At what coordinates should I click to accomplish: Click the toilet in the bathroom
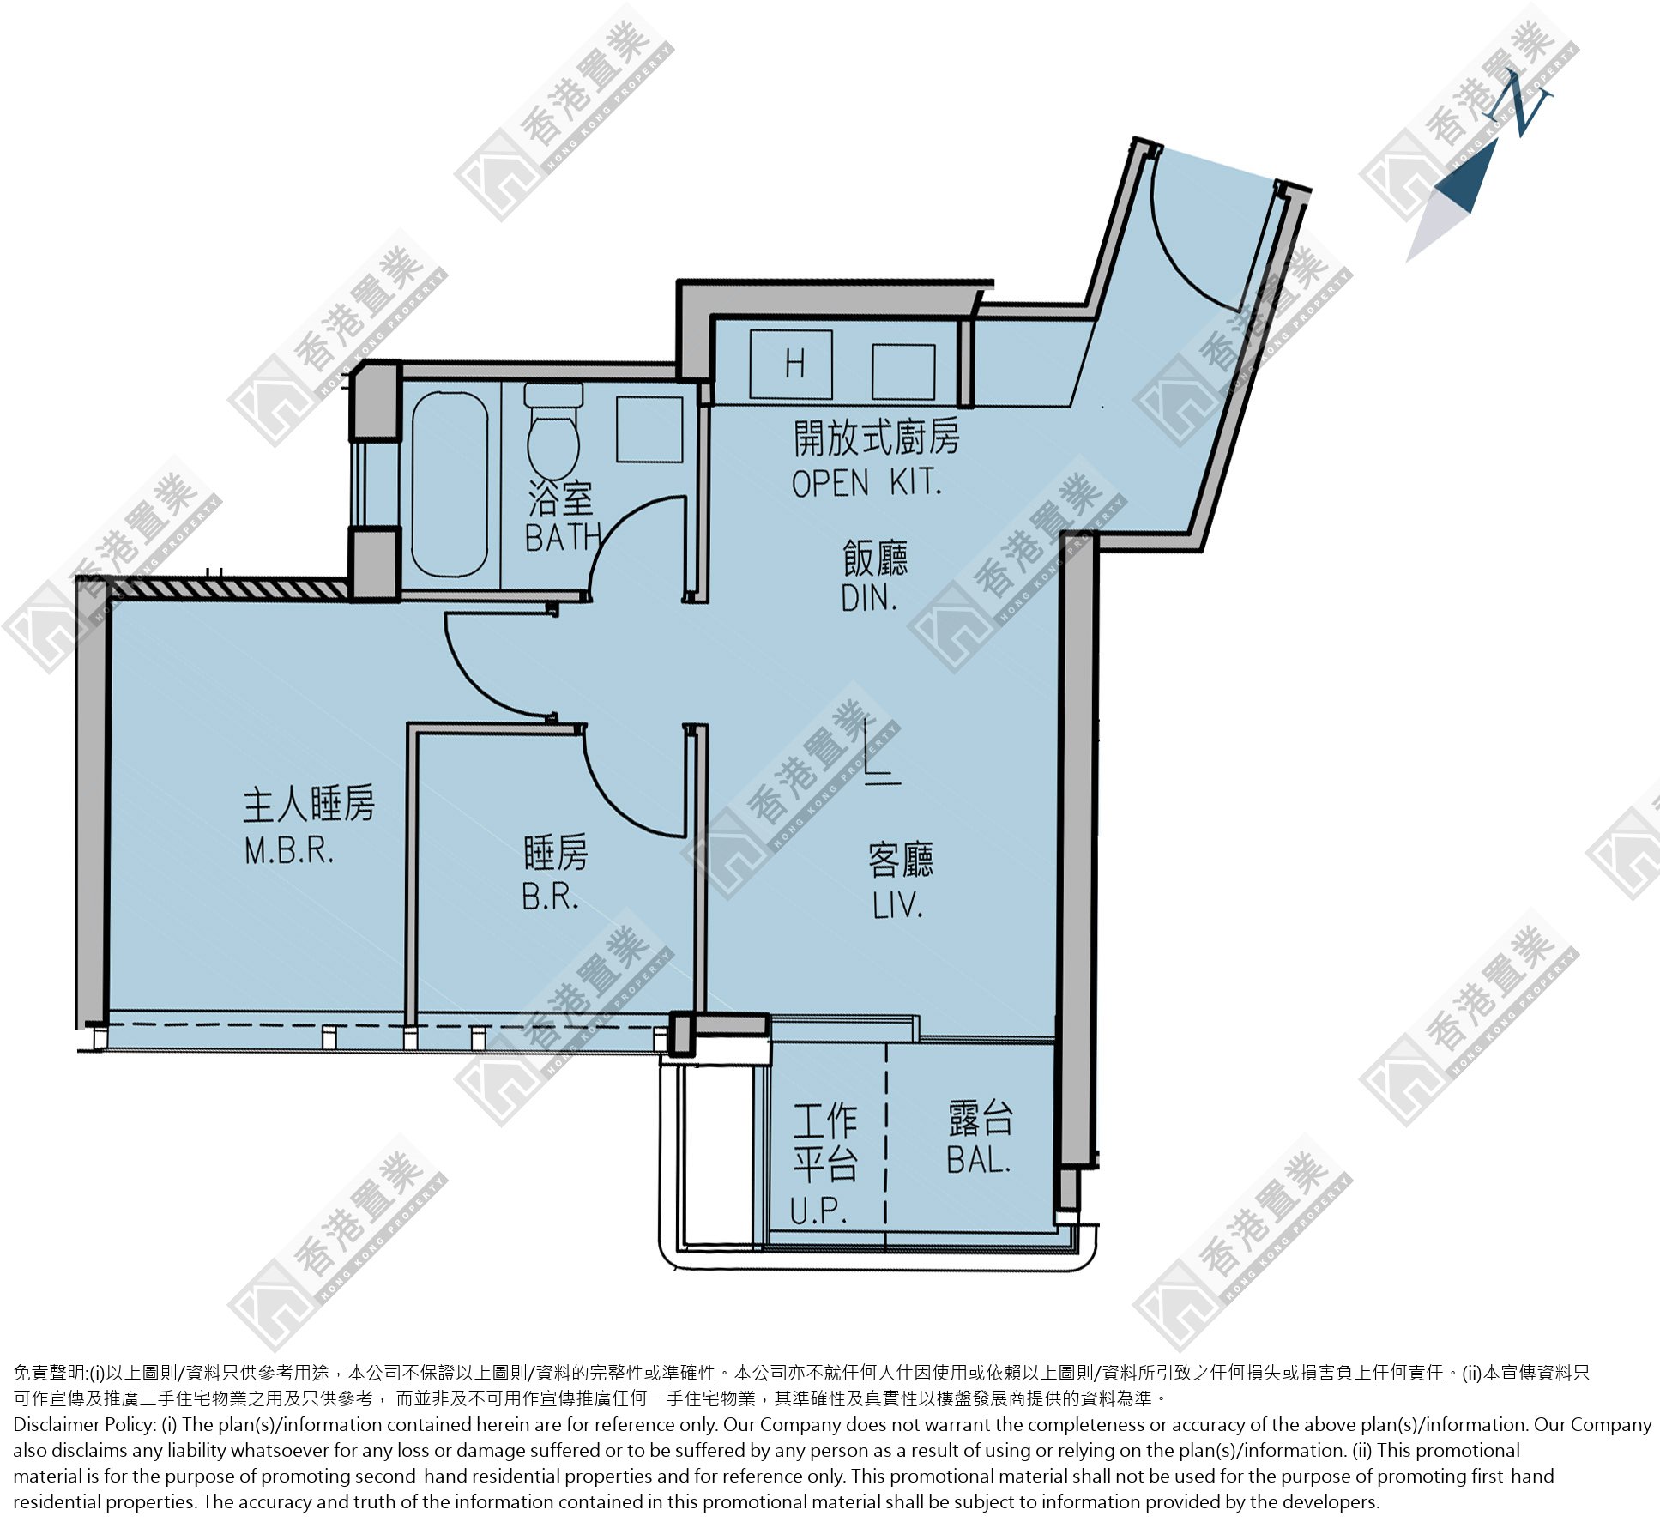point(553,430)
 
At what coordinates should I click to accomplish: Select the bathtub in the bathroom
point(450,485)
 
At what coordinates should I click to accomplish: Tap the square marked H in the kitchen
point(791,364)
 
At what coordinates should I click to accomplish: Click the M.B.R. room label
point(289,850)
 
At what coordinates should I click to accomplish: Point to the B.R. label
point(551,897)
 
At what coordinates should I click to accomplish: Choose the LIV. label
point(898,905)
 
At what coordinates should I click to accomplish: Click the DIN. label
point(869,598)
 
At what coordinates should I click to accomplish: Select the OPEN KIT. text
point(866,484)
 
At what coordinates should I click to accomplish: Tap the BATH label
point(563,537)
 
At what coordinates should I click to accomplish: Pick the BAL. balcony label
point(979,1160)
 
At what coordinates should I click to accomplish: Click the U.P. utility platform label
point(819,1211)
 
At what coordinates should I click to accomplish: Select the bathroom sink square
point(649,429)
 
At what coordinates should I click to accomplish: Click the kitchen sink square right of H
point(903,371)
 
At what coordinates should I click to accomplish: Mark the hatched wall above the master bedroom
point(227,589)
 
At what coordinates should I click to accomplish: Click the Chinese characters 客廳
point(901,860)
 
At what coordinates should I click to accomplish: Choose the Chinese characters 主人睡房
point(309,805)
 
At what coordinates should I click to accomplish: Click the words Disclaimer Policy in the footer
point(84,1425)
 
